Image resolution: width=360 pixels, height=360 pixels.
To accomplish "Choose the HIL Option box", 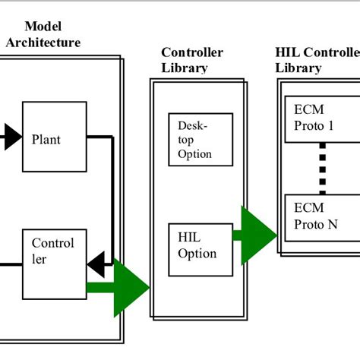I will coord(199,247).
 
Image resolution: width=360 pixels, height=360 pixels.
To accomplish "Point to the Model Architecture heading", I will coord(43,35).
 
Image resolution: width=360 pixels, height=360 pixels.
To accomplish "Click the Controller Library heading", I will coord(191,59).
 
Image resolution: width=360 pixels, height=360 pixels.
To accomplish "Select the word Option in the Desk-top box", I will coord(194,154).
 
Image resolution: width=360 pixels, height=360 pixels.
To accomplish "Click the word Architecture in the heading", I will coord(43,43).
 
